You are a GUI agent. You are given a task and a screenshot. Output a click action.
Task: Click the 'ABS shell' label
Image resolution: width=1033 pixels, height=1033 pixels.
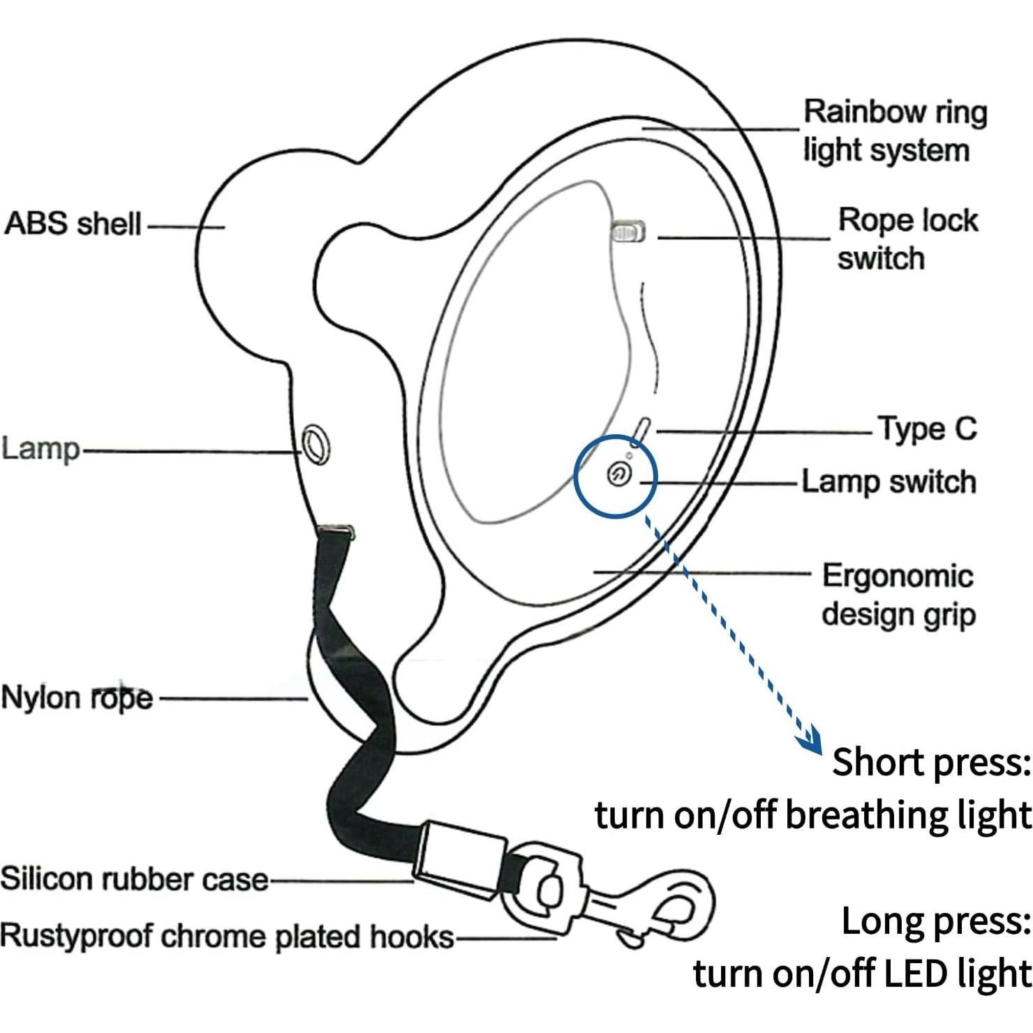(x=73, y=224)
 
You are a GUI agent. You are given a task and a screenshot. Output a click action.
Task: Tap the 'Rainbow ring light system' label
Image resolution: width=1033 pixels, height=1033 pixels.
(x=895, y=131)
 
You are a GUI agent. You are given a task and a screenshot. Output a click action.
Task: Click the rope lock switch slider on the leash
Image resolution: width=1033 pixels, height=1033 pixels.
(x=628, y=231)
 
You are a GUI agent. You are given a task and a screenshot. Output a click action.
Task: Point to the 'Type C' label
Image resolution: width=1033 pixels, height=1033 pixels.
(x=927, y=429)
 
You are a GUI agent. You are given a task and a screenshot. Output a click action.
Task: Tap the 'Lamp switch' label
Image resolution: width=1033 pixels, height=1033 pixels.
(x=889, y=482)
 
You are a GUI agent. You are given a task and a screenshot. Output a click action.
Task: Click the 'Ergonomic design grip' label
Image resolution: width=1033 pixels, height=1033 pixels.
(x=898, y=595)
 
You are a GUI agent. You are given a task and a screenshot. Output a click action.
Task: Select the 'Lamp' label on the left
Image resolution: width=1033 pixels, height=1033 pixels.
(x=40, y=448)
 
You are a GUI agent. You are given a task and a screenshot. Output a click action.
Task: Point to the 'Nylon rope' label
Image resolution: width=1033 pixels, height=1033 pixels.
(x=77, y=697)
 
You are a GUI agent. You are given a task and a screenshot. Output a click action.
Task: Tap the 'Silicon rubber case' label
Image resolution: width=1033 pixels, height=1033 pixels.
(x=134, y=879)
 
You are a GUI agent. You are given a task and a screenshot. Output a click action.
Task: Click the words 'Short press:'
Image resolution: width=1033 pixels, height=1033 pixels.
(x=931, y=761)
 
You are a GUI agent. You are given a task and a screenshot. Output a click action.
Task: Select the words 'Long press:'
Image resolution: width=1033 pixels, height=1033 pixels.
(x=936, y=921)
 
